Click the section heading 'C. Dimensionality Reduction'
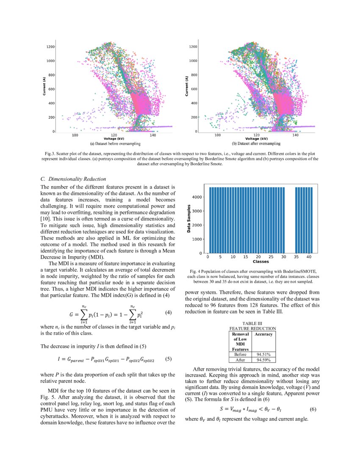click(73, 179)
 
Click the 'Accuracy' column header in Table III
click(263, 334)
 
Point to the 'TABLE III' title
click(252, 323)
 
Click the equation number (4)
click(168, 313)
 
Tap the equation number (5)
click(168, 359)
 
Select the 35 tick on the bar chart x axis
click(296, 257)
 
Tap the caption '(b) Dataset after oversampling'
click(253, 144)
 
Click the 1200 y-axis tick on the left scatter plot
click(51, 46)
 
